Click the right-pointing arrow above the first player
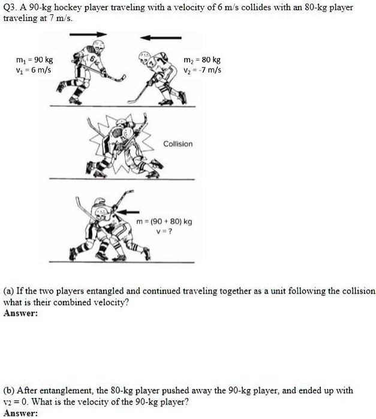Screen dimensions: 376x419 point(88,34)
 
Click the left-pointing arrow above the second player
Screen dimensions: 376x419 point(161,38)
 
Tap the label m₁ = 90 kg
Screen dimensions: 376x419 point(34,60)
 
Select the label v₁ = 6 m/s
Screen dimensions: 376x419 point(34,70)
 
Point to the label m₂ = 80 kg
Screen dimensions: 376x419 point(202,60)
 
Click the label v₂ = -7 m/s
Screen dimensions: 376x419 point(202,70)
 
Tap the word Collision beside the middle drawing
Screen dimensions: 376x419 point(178,144)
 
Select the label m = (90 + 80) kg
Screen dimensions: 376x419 point(164,222)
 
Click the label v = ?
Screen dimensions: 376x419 point(164,232)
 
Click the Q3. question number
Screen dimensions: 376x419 point(10,7)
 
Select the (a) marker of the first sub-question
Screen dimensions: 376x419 point(9,291)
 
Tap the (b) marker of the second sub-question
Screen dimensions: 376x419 point(9,390)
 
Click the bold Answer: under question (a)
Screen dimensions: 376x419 point(20,313)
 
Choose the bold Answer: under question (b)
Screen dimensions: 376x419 point(20,413)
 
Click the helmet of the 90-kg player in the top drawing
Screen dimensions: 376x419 point(98,46)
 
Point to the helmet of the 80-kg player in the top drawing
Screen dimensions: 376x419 point(145,58)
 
